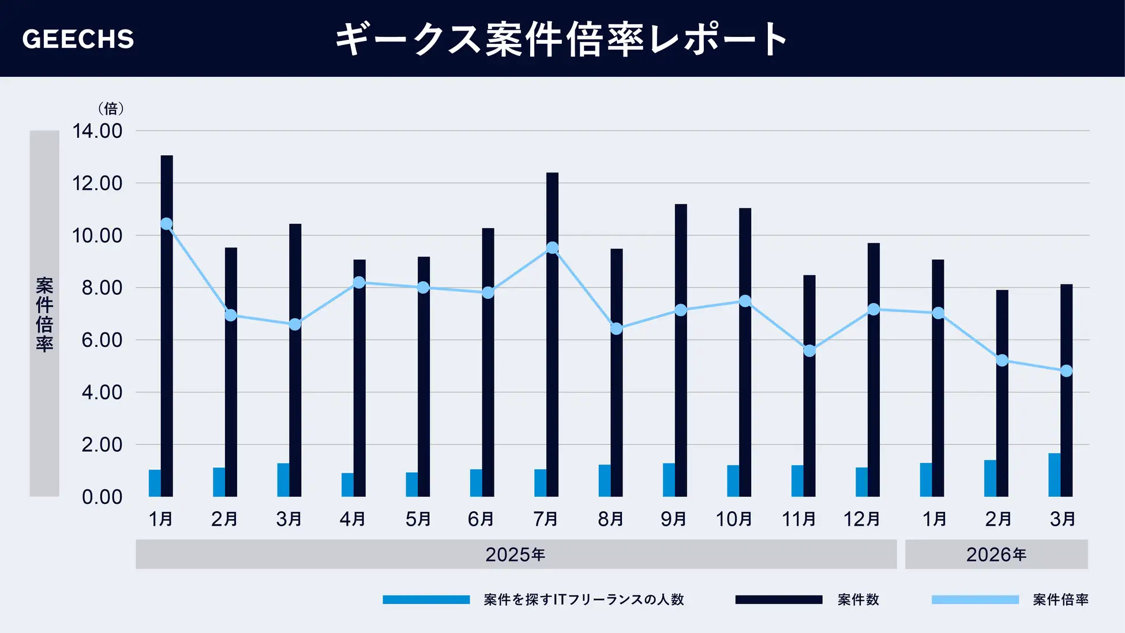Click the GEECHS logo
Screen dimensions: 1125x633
[x=78, y=39]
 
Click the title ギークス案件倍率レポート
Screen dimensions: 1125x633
[x=561, y=39]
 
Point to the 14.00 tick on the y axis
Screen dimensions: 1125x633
[x=97, y=131]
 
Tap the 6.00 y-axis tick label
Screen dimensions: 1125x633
[x=102, y=340]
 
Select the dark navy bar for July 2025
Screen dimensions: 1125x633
[x=552, y=335]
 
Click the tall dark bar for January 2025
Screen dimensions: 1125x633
[x=167, y=326]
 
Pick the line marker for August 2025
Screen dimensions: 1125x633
[x=616, y=329]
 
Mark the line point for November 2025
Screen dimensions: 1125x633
[x=809, y=351]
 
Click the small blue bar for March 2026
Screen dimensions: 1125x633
[x=1054, y=475]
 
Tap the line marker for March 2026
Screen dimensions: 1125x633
[x=1066, y=371]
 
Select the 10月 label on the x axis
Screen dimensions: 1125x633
[x=734, y=519]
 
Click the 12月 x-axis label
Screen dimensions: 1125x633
[x=862, y=519]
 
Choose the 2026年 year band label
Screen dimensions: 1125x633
[x=996, y=555]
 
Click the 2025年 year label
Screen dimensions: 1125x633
[x=515, y=555]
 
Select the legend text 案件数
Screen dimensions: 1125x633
[x=858, y=600]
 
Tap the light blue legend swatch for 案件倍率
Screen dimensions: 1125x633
[x=975, y=600]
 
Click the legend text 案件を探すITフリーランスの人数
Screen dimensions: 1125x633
[x=584, y=600]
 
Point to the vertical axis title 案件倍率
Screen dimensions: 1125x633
[x=44, y=314]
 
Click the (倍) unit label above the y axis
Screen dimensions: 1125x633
[x=111, y=108]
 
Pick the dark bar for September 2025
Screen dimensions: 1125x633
[x=681, y=350]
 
